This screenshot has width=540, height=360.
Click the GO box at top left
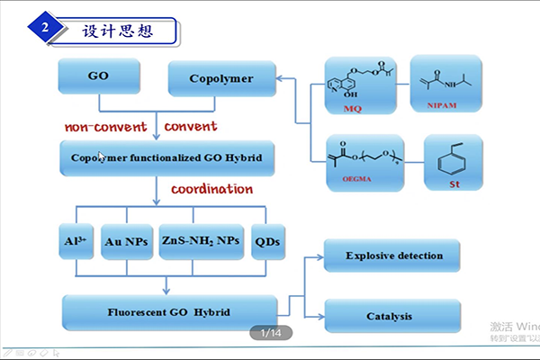(99, 77)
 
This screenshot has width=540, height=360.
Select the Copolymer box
(221, 78)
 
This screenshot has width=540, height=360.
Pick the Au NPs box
(127, 241)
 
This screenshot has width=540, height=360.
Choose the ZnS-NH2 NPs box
(201, 241)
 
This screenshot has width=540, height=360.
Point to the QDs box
(269, 241)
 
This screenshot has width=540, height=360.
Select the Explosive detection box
(394, 256)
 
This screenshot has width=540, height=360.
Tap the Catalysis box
(394, 317)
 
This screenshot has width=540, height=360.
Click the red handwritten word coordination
(212, 189)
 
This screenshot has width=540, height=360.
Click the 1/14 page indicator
(270, 333)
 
